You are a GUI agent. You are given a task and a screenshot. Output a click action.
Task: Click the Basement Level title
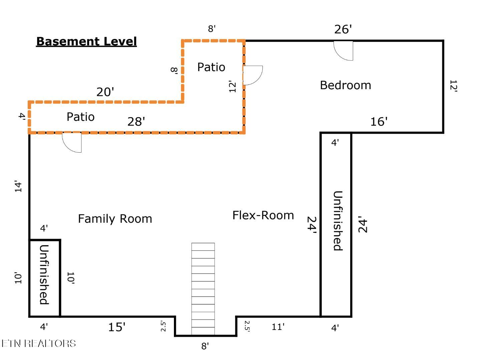pos(86,41)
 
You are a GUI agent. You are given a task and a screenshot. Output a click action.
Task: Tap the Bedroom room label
pos(345,85)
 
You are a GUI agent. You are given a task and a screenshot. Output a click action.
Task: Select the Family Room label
pos(115,219)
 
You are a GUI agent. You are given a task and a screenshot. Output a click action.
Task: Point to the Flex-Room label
pos(263,215)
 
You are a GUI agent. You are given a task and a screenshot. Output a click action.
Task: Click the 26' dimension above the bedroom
pos(343,29)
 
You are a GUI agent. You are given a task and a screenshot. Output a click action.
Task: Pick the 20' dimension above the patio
pos(105,92)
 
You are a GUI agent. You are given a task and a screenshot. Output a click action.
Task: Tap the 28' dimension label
pos(136,122)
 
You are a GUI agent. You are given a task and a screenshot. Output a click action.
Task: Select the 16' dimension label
pos(379,122)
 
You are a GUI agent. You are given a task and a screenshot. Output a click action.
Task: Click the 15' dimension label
pos(117,327)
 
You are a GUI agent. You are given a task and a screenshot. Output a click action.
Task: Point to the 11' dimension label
pos(278,327)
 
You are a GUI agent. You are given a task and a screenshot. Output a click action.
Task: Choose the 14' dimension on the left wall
pos(18,186)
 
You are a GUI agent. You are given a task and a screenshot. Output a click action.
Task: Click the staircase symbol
pos(203,289)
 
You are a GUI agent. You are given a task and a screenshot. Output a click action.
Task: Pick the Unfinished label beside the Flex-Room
pos(338,221)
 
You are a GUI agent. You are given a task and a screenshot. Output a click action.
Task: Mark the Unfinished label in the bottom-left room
pos(44,275)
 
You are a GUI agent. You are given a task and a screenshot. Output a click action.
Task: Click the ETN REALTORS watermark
pos(39,344)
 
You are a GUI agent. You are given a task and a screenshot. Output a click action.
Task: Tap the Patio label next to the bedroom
pos(211,67)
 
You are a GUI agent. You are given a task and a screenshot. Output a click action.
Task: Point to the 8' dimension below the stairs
pos(205,346)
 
